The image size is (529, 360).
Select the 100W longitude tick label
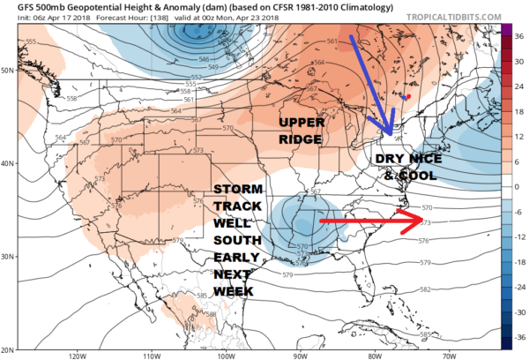click(225, 355)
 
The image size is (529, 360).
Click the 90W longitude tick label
click(300, 355)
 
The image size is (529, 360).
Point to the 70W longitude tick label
click(449, 355)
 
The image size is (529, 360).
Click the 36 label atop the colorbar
click(519, 26)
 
